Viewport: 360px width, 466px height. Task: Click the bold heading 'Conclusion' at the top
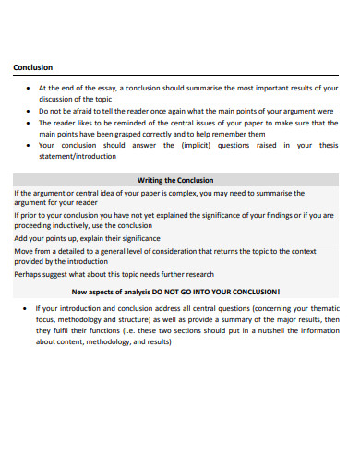(x=32, y=67)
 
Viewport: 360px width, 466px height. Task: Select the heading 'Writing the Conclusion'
(x=175, y=179)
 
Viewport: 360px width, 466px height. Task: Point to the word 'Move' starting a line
(x=24, y=251)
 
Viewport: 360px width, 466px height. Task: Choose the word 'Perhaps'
(x=29, y=274)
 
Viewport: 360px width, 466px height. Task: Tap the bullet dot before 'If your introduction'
(x=23, y=308)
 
